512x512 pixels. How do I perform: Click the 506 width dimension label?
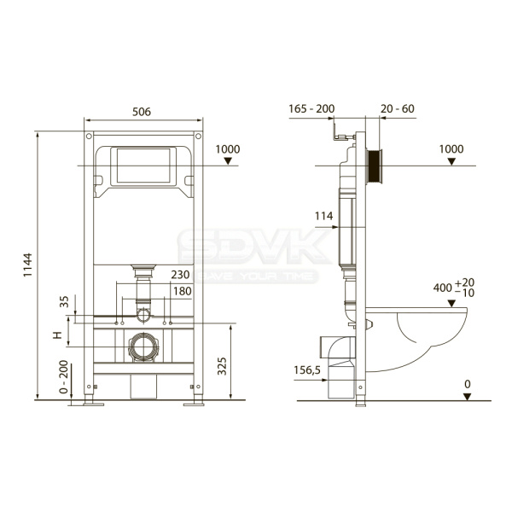[142, 112]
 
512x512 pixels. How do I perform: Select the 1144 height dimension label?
[27, 265]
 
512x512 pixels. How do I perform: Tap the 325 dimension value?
[222, 366]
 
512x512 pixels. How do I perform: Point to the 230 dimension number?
[180, 275]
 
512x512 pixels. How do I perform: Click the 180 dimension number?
[183, 291]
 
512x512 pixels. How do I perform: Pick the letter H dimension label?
[57, 335]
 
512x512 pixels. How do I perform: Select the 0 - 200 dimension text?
[64, 377]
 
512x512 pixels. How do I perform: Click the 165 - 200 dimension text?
[311, 108]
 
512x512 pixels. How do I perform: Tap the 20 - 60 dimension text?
[398, 108]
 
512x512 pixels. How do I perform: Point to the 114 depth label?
[323, 216]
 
